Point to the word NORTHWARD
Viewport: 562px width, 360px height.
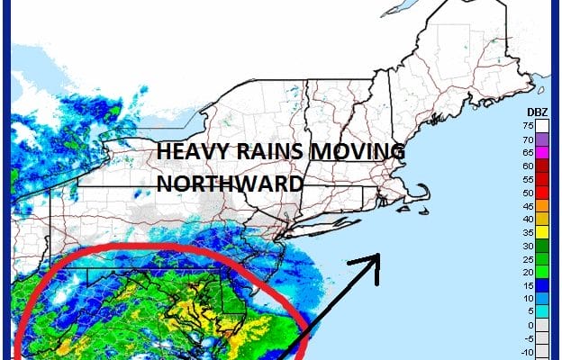(229, 183)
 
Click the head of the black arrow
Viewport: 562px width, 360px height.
(373, 260)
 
